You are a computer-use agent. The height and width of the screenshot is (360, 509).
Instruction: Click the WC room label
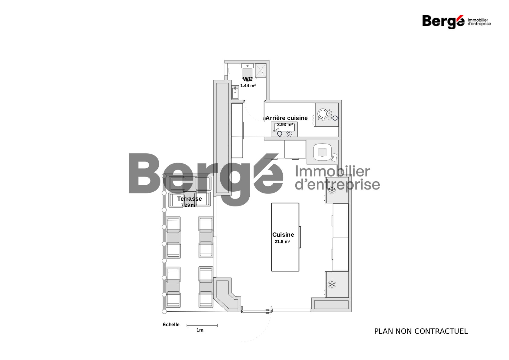tap(248, 79)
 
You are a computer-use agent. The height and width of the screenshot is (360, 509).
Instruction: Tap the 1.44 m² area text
tap(248, 86)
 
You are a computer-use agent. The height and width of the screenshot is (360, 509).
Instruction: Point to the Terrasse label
tap(189, 199)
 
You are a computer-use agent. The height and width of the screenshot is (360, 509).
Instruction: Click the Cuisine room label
tap(283, 235)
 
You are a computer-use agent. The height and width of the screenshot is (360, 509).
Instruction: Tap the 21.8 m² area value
tap(282, 242)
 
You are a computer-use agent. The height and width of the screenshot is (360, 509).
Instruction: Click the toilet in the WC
tap(248, 71)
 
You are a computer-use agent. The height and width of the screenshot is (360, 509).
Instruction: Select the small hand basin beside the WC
tap(235, 92)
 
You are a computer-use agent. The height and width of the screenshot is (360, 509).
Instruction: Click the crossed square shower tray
tap(261, 70)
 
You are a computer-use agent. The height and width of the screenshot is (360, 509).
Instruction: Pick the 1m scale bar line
tap(202, 326)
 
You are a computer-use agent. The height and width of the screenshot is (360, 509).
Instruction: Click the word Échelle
tap(171, 325)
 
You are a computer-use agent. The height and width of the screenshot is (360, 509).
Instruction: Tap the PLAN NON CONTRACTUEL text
tap(421, 331)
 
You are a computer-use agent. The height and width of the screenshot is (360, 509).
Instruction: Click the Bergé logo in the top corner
tap(456, 22)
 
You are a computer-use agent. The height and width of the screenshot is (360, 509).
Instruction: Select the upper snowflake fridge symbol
tap(332, 190)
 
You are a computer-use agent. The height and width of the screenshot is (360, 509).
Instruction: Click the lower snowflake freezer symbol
tap(332, 284)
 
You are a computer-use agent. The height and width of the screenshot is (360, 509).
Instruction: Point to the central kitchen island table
tap(285, 237)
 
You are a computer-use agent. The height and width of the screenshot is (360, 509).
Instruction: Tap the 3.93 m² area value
tap(285, 125)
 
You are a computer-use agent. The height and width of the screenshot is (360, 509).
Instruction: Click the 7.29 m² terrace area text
tap(189, 205)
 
